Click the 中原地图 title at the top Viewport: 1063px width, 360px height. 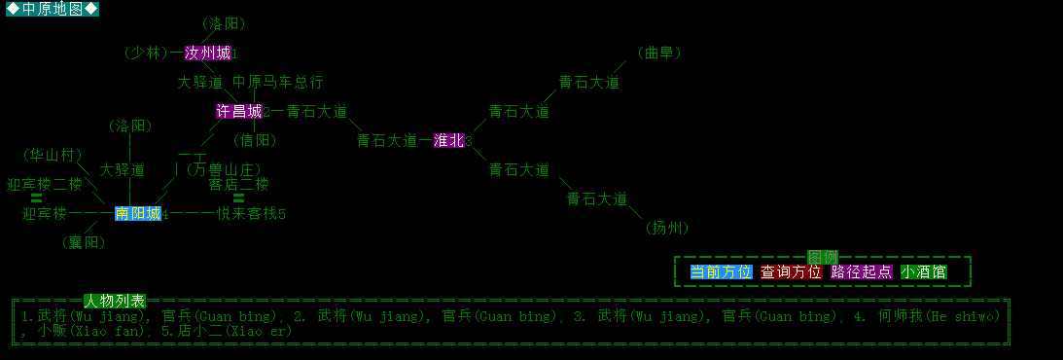[53, 10]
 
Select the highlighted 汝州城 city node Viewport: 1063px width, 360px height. [207, 53]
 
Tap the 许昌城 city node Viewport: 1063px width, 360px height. [238, 111]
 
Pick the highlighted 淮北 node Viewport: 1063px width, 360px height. [448, 140]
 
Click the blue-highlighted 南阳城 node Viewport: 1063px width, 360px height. [137, 213]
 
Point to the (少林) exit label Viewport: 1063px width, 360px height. [146, 53]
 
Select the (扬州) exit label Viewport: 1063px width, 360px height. [667, 228]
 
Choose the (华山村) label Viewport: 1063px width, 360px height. [53, 155]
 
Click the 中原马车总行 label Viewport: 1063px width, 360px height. [277, 82]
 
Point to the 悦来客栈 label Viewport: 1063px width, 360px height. [247, 213]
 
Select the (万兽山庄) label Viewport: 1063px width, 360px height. [224, 169]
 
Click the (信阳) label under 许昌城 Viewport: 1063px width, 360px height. [255, 140]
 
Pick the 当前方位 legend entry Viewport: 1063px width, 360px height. [721, 271]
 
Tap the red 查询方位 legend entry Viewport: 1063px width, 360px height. [791, 271]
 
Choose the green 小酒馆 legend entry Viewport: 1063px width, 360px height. [923, 271]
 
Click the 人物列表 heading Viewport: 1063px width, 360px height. [114, 301]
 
